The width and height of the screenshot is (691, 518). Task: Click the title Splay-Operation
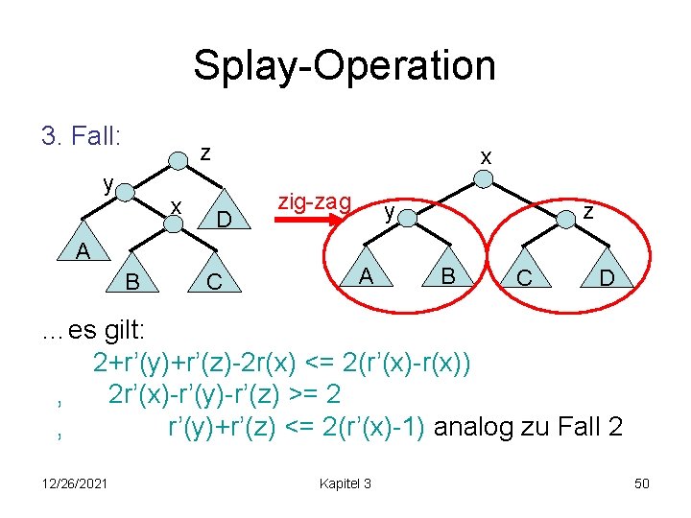(x=345, y=66)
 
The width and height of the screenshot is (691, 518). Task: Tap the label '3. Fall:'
(x=82, y=136)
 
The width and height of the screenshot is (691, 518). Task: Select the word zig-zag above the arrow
(x=314, y=201)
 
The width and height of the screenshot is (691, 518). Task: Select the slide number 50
(x=641, y=483)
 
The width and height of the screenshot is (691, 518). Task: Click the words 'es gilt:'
(x=107, y=331)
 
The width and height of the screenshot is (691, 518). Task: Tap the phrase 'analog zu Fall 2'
(x=528, y=425)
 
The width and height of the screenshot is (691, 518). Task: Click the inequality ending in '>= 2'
(x=226, y=394)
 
